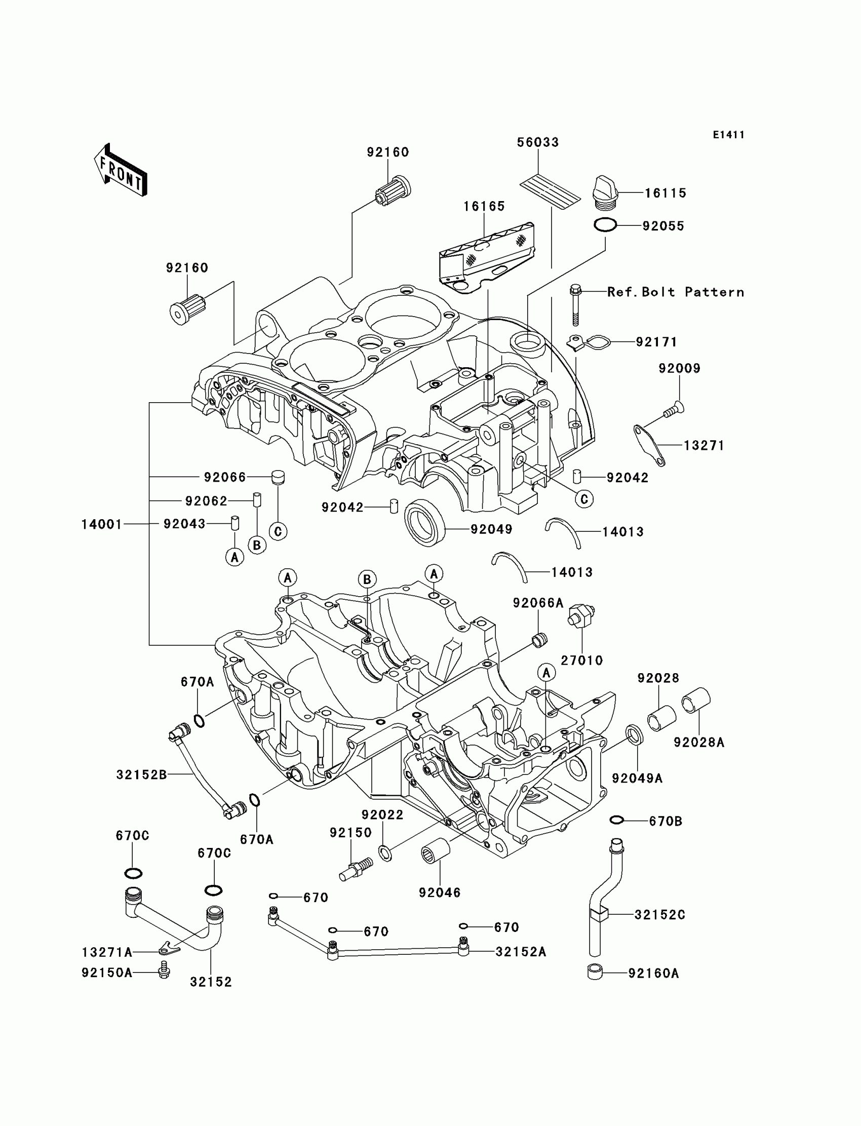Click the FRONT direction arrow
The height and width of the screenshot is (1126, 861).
pos(121,170)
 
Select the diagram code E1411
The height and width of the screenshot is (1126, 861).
pos(728,135)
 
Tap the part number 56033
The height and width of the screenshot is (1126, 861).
pos(537,142)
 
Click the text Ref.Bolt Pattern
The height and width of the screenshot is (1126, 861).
pos(676,292)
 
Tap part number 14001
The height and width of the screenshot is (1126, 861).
pos(102,524)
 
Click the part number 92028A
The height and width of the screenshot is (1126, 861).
pos(699,742)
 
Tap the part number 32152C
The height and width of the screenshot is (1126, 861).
pos(659,915)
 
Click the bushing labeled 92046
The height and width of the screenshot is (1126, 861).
pos(436,853)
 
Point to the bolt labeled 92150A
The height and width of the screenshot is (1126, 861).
pos(164,969)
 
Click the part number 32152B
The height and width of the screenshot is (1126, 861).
pos(141,774)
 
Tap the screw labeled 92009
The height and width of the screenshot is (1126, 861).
pos(674,409)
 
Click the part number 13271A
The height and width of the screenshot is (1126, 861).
pos(107,952)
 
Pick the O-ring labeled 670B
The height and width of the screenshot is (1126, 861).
pos(616,821)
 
